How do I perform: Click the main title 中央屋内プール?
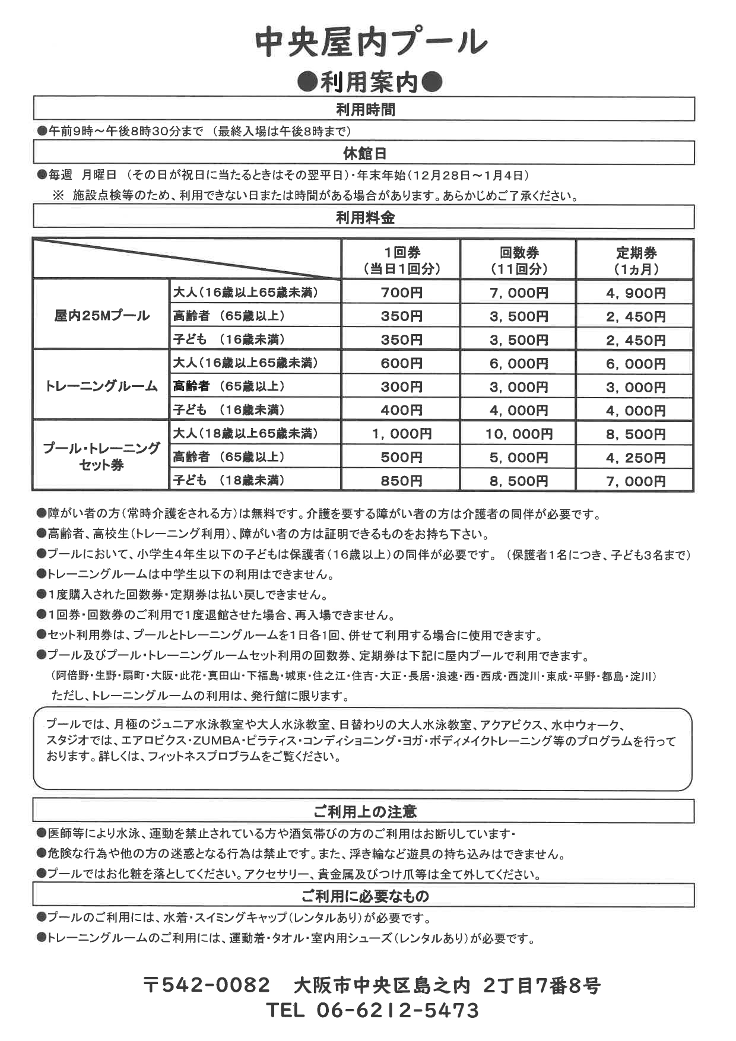(371, 43)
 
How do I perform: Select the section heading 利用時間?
(364, 110)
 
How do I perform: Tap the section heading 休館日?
(364, 154)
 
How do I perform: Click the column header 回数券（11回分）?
(519, 261)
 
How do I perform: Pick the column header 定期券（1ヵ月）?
(636, 261)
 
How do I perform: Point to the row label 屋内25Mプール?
(101, 315)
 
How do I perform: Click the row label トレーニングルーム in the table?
(101, 386)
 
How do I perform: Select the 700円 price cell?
(401, 293)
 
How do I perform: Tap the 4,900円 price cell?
(636, 293)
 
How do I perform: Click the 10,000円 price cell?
(519, 434)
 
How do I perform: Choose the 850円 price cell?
(401, 481)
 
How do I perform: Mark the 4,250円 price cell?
(636, 458)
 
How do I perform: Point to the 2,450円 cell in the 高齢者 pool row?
(636, 316)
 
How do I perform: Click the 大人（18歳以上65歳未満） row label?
(245, 433)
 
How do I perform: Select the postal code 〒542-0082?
(207, 986)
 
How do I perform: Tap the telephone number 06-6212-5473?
(398, 1010)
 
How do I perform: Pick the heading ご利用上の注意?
(364, 811)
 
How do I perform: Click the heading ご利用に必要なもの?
(364, 896)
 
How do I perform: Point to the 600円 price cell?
(401, 363)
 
